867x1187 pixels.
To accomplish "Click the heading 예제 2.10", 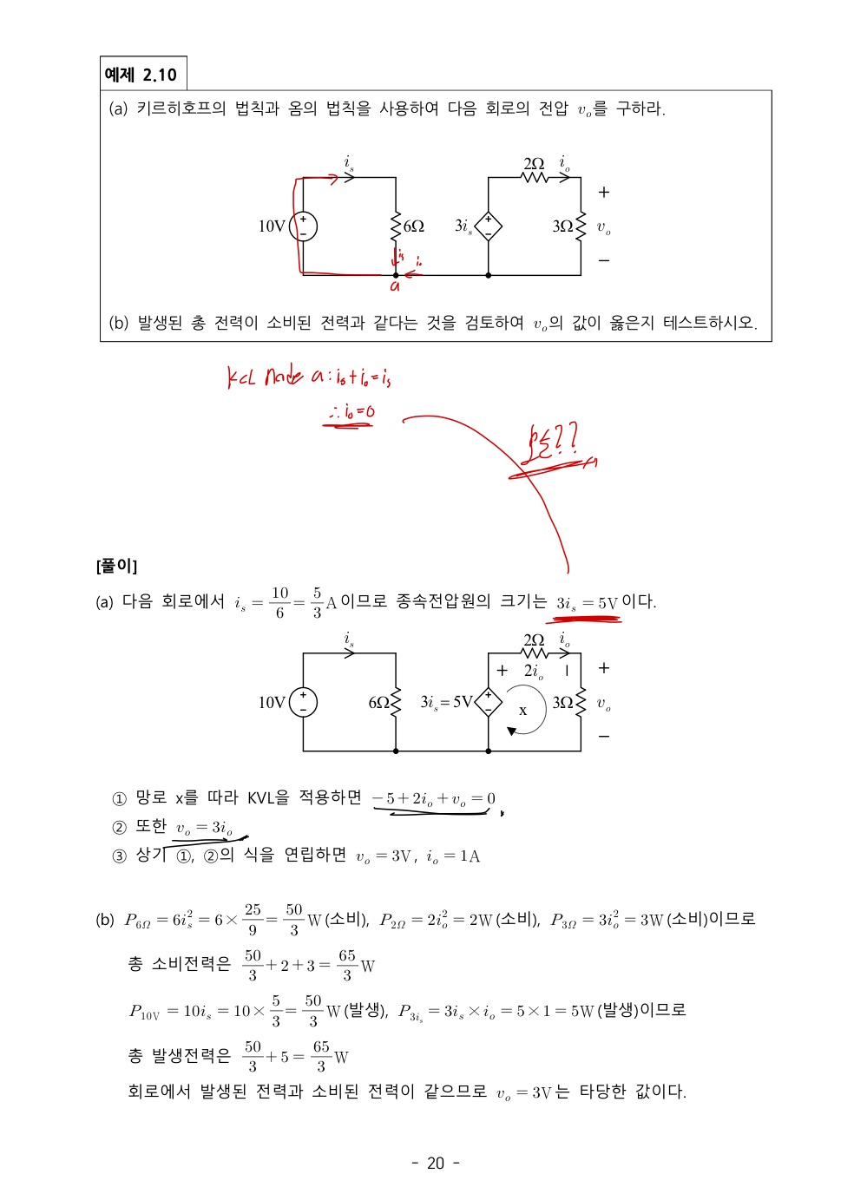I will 141,75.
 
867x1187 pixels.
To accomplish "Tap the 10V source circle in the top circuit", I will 303,226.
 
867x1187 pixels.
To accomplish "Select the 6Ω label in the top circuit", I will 414,226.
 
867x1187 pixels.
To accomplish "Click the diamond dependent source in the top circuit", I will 489,226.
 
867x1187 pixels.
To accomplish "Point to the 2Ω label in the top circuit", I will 534,163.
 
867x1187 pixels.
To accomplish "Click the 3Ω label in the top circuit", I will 562,226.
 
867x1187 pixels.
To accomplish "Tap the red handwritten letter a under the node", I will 395,285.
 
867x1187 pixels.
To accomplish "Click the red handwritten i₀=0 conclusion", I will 351,412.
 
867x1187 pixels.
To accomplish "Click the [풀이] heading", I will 116,567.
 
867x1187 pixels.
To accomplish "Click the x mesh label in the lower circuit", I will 522,711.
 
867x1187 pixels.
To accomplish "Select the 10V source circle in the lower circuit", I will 303,702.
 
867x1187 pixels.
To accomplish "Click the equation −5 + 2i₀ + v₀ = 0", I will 434,799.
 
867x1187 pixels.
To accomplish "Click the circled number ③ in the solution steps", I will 120,857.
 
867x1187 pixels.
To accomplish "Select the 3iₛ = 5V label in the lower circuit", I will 446,702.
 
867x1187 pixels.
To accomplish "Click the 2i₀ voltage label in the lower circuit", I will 534,671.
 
